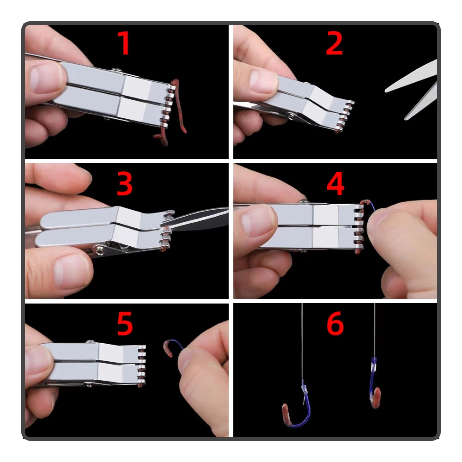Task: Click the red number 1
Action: (123, 43)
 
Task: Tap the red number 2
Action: (334, 43)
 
